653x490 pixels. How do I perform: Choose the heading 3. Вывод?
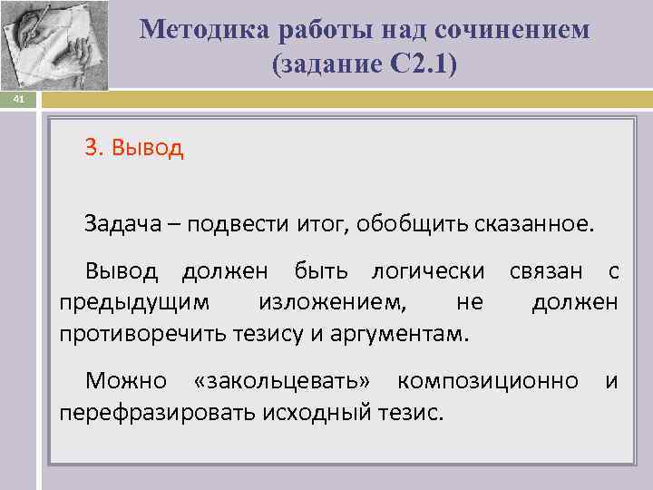[134, 148]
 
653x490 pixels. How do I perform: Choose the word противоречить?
[145, 332]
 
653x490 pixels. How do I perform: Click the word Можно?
[126, 382]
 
